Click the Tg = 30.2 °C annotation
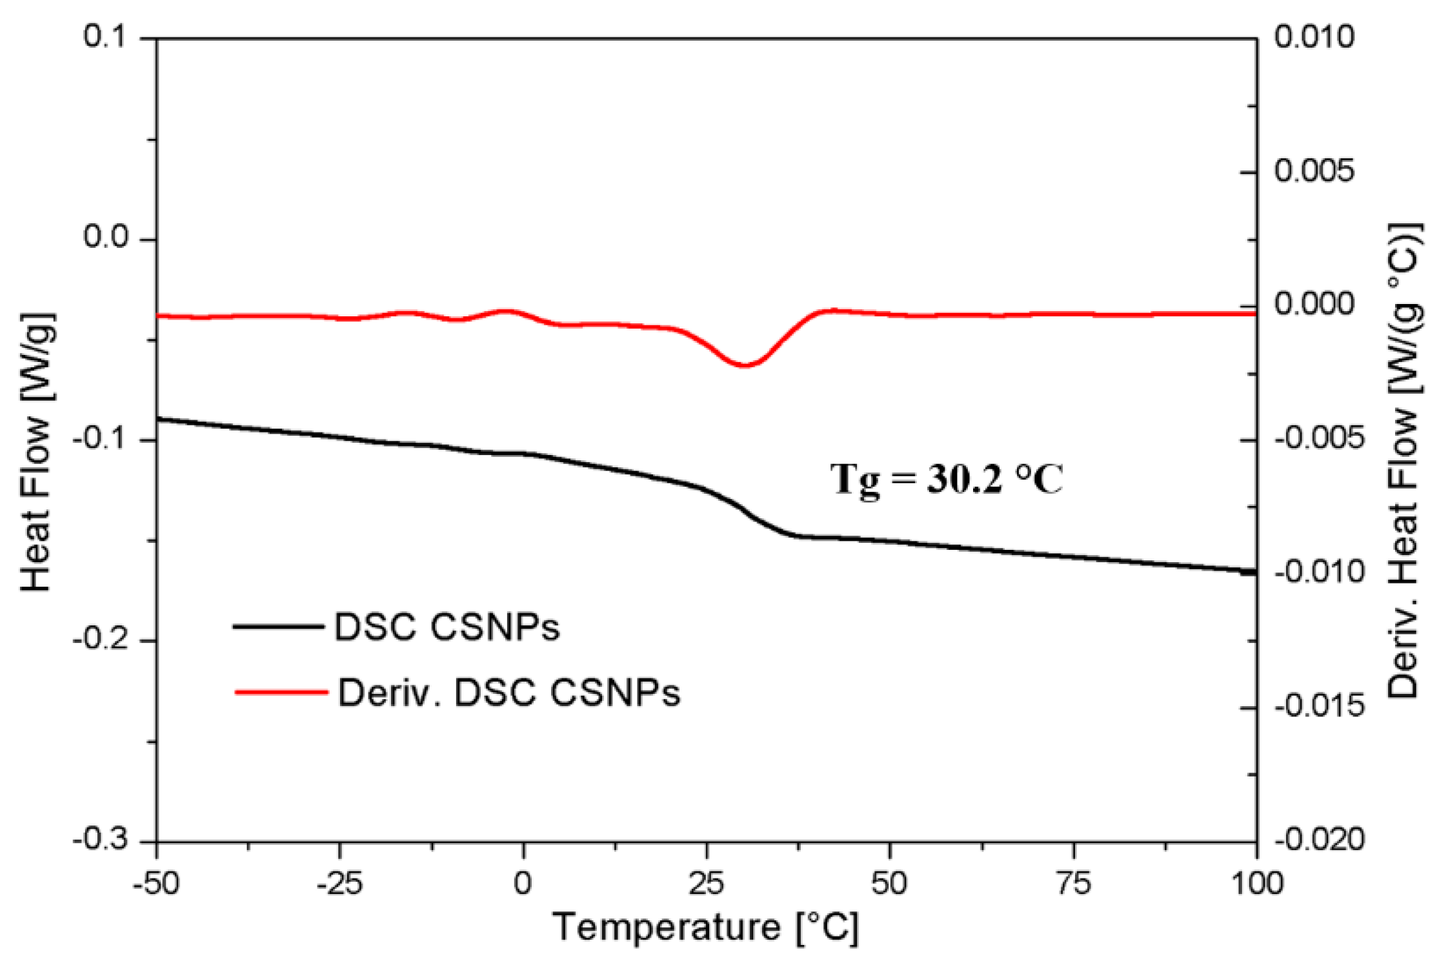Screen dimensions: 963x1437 [946, 480]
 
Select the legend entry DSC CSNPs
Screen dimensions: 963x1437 [447, 627]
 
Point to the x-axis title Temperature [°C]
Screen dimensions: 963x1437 [706, 928]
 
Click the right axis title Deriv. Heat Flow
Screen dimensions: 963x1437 [1404, 461]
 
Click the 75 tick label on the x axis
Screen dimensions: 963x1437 [1073, 882]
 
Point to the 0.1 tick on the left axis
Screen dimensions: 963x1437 [106, 37]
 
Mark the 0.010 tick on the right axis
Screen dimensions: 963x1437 [1314, 37]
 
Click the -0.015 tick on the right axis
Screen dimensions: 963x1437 [1320, 707]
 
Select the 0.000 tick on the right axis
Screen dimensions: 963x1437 [1314, 304]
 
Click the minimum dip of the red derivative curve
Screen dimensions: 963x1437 [744, 365]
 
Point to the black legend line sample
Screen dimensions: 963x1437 [278, 626]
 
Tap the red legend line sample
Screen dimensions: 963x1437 [281, 692]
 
